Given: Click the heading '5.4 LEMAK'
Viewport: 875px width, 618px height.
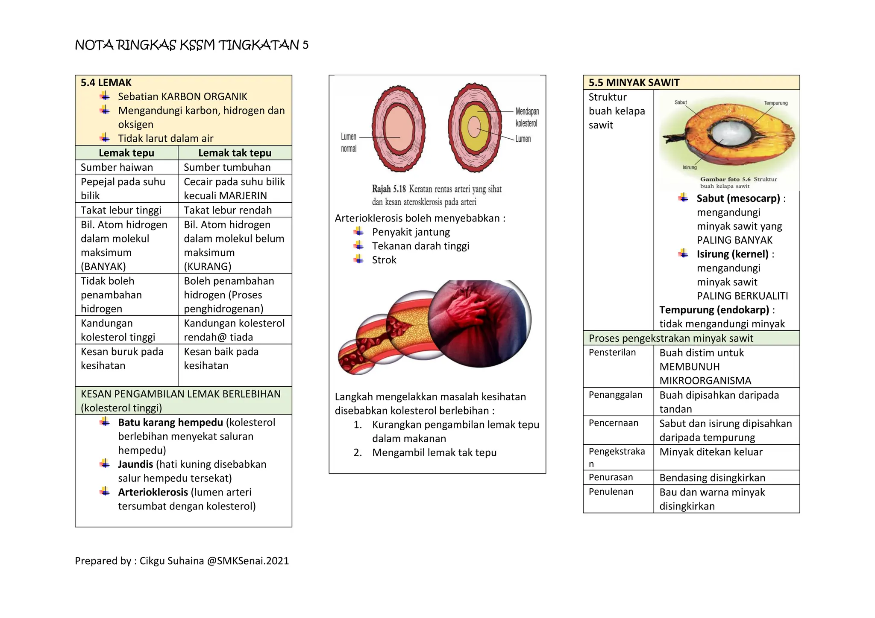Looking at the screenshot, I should tap(106, 83).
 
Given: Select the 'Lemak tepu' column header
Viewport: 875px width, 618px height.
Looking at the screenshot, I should tap(126, 153).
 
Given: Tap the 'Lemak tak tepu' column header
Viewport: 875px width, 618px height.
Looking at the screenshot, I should tap(235, 153).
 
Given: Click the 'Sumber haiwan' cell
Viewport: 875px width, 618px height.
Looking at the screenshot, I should tap(117, 167).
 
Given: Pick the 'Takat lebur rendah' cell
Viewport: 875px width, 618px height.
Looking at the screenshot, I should tap(228, 210).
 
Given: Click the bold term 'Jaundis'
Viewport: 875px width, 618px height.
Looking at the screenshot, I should tap(135, 464).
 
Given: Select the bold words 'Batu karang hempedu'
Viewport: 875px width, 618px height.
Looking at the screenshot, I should tap(170, 423).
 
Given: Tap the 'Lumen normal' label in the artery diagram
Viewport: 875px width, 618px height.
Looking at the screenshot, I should tap(349, 143).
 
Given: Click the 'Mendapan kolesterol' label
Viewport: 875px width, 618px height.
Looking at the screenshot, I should tap(527, 117).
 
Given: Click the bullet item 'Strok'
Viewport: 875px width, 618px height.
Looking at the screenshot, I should tap(384, 260).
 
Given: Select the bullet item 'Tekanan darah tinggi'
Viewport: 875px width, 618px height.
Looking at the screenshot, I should tap(420, 246).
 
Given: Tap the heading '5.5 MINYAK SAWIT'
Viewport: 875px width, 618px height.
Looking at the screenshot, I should tap(634, 83).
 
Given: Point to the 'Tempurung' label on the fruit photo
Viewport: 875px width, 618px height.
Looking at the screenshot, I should tap(775, 103).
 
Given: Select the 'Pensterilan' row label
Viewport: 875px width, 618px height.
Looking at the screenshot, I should tap(612, 353).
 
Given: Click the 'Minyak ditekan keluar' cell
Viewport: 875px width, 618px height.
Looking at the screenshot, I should tap(711, 452).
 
